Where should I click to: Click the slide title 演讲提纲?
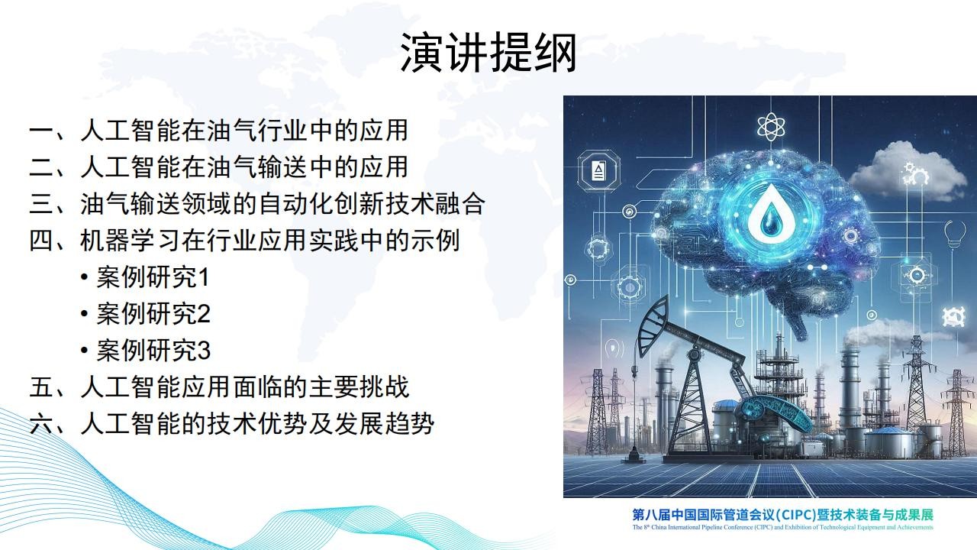coord(488,53)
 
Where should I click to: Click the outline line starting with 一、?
coord(218,131)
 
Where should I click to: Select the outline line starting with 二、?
coord(218,167)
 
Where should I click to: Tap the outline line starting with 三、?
coord(257,204)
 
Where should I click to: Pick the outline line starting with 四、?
coord(244,241)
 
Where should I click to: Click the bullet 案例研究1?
coord(145,277)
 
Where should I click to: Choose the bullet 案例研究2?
coord(145,314)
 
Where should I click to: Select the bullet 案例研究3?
coord(145,351)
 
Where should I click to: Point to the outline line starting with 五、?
coord(219,387)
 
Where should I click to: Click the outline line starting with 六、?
coord(231,424)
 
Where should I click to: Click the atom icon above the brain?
coord(771,127)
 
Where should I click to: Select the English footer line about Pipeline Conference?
coord(783,527)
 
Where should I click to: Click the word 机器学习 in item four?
coord(130,241)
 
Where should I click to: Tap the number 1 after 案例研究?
coord(204,277)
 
